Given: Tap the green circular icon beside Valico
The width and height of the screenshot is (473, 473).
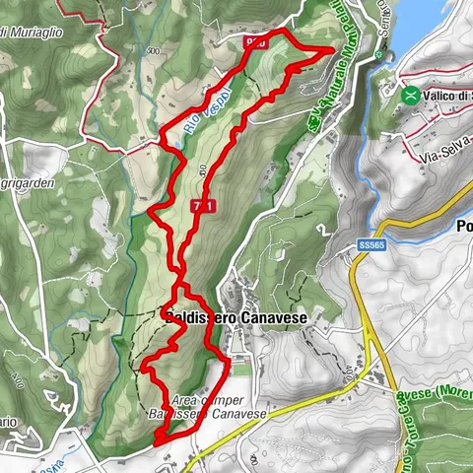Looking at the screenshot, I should [409, 96].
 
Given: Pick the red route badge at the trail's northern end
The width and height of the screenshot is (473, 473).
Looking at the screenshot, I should [256, 42].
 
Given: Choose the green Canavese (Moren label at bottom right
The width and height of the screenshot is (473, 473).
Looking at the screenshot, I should [424, 414].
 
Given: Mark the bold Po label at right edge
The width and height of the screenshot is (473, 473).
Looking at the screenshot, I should [463, 226].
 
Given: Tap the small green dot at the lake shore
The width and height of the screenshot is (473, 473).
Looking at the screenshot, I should [378, 56].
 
